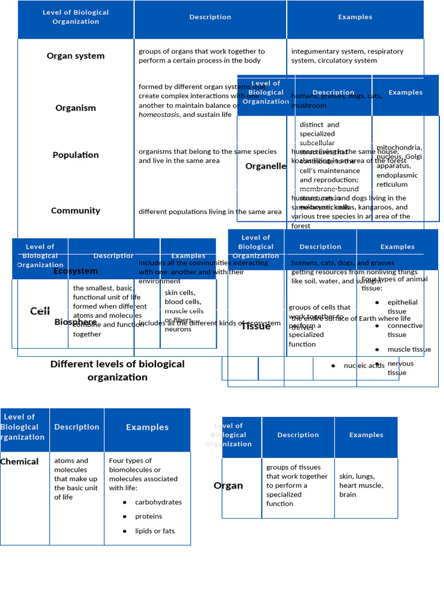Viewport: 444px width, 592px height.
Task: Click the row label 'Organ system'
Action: pyautogui.click(x=76, y=56)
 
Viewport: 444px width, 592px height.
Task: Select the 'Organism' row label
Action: pyautogui.click(x=76, y=108)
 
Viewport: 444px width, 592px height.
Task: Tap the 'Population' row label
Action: pyautogui.click(x=76, y=155)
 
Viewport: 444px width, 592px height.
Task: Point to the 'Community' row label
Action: pyautogui.click(x=76, y=210)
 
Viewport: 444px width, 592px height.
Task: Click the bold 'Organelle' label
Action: pyautogui.click(x=265, y=166)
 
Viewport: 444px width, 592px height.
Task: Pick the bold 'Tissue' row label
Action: pyautogui.click(x=256, y=326)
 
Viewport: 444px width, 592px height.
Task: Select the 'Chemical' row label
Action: pyautogui.click(x=20, y=461)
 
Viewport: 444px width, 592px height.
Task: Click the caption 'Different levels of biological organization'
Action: pyautogui.click(x=117, y=371)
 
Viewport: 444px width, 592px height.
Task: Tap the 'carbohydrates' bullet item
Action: pyautogui.click(x=158, y=502)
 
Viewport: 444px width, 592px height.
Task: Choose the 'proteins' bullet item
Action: pyautogui.click(x=149, y=516)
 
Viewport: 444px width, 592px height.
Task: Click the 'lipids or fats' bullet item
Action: pyautogui.click(x=154, y=531)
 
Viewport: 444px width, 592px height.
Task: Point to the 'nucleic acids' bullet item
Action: pyautogui.click(x=364, y=365)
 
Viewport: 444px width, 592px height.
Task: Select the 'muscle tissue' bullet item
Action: pyautogui.click(x=409, y=349)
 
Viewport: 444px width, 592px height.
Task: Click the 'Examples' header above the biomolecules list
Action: pyautogui.click(x=147, y=427)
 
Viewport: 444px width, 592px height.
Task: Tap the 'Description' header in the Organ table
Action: pyautogui.click(x=298, y=435)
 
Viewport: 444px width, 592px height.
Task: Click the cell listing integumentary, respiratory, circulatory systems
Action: pyautogui.click(x=347, y=55)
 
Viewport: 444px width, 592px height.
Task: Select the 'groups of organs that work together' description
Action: pyautogui.click(x=202, y=55)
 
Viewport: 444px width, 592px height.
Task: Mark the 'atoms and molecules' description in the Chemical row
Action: pyautogui.click(x=76, y=479)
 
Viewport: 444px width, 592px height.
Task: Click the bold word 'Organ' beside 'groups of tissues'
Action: pyautogui.click(x=228, y=486)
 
